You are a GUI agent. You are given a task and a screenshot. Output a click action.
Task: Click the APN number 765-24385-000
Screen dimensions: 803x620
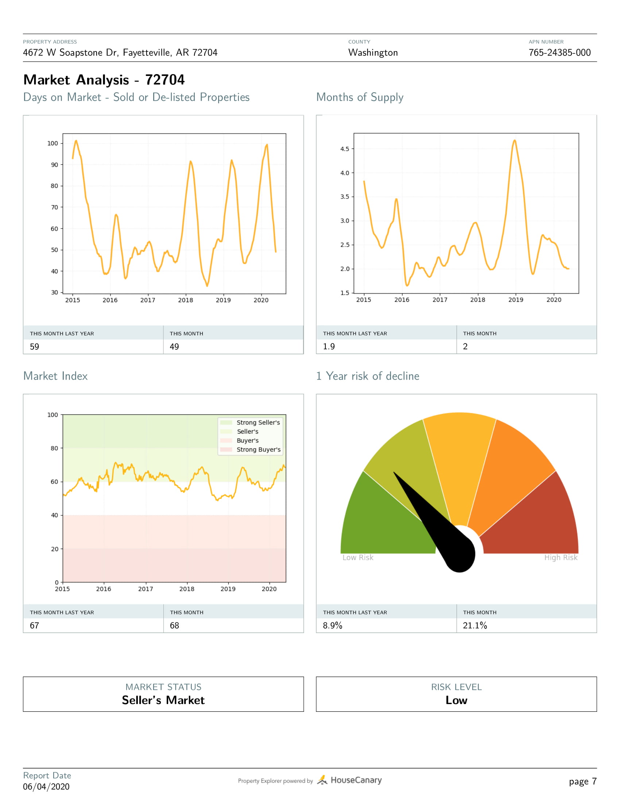(559, 53)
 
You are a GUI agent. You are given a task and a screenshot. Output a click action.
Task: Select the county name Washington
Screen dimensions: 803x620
(373, 53)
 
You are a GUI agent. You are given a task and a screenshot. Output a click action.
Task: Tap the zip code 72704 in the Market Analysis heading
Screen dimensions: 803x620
(165, 80)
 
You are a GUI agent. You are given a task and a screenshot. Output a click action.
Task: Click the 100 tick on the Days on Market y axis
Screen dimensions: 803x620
(53, 143)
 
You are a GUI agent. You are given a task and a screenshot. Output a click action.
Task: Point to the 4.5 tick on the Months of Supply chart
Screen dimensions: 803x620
(345, 149)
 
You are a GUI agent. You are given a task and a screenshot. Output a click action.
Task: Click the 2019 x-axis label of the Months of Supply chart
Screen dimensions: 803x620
(516, 300)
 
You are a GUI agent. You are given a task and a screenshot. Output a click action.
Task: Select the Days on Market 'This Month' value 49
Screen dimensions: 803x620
(174, 347)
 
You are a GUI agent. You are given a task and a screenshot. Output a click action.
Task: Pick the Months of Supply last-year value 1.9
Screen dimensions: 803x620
(329, 346)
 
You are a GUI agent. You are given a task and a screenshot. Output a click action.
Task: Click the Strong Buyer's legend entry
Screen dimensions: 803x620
(258, 449)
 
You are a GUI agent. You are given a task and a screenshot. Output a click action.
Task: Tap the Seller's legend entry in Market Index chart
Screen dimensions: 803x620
(248, 431)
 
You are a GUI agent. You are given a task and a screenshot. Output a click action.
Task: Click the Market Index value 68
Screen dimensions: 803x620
(174, 625)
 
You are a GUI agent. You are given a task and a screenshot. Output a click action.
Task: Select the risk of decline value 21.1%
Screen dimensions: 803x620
(475, 625)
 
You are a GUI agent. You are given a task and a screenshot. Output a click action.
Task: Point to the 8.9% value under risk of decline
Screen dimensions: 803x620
(332, 625)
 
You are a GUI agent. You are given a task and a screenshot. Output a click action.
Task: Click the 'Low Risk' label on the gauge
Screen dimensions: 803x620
(358, 557)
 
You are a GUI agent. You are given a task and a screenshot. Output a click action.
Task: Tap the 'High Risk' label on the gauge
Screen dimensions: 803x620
(561, 557)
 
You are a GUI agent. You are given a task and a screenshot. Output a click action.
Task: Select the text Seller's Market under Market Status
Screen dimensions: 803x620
(163, 700)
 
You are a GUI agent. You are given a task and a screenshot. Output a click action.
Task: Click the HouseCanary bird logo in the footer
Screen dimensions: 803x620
(322, 780)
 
